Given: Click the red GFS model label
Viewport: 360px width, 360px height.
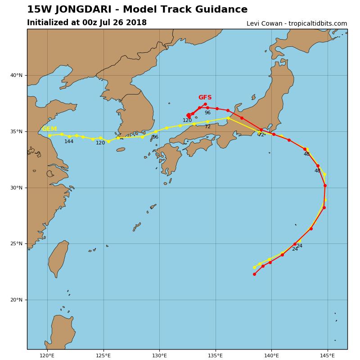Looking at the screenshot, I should (x=205, y=98).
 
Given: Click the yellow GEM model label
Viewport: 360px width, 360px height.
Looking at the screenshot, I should (x=49, y=129).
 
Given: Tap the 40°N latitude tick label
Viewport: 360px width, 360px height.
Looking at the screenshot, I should (x=16, y=76).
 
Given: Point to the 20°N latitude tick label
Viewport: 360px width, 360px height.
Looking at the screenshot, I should (x=16, y=300).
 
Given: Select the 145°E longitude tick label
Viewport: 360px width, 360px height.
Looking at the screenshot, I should (x=327, y=355).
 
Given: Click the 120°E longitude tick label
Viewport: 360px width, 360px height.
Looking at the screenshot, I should (x=47, y=355).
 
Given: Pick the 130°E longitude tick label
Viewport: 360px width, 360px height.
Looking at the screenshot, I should (x=159, y=355).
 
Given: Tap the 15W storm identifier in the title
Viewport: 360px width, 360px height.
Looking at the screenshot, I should (x=37, y=9).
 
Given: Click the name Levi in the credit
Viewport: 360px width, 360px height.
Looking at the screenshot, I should (x=254, y=24).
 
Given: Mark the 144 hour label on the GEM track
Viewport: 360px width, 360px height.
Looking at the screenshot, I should (x=69, y=142).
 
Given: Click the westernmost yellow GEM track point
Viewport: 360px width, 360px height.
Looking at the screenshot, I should (x=49, y=135).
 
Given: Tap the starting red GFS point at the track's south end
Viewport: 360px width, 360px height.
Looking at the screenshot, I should (x=254, y=274).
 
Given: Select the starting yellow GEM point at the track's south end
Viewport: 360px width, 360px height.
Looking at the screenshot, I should (x=254, y=267).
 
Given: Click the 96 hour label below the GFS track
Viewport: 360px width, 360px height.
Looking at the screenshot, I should (x=207, y=113).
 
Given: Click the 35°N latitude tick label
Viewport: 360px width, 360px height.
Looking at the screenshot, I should (x=16, y=132).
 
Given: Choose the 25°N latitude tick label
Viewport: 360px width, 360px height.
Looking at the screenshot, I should (x=16, y=244).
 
